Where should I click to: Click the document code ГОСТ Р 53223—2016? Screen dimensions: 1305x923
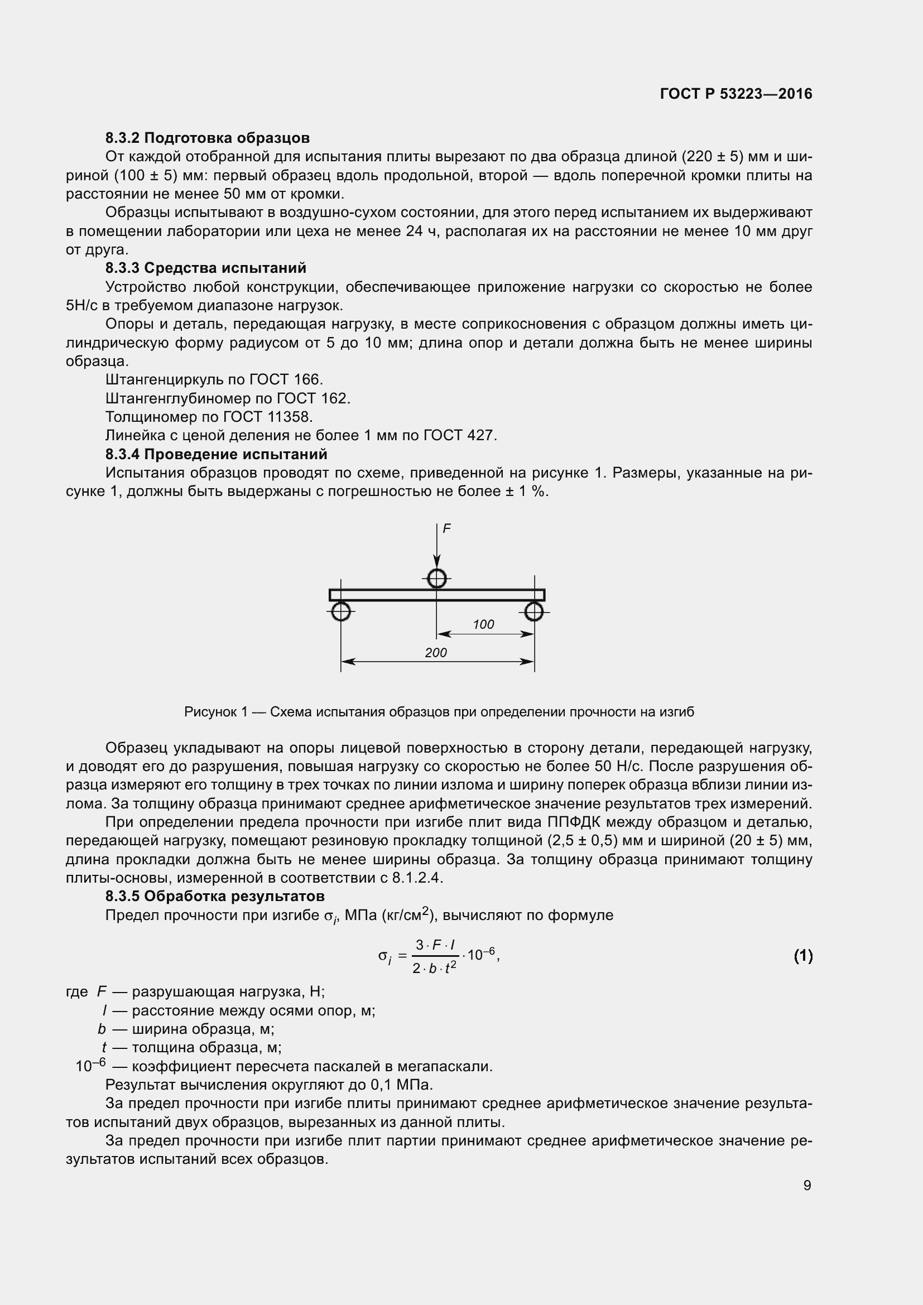(736, 94)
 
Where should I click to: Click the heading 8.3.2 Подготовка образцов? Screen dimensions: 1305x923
(208, 138)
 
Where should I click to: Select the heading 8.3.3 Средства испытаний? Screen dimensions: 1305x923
(206, 268)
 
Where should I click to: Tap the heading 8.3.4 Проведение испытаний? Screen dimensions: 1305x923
(216, 454)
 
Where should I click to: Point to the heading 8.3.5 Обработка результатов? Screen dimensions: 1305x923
(215, 897)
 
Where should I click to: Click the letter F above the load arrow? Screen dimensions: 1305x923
(447, 528)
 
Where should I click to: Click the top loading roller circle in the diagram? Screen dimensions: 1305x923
(436, 579)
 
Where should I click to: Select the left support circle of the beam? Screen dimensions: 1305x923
(340, 611)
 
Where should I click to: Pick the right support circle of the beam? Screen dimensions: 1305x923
(534, 611)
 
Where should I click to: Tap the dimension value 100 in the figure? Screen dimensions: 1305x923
(483, 624)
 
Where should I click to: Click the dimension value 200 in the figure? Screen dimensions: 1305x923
(436, 653)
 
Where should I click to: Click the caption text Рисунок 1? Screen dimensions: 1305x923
(216, 712)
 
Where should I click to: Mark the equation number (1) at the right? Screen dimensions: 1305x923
(802, 956)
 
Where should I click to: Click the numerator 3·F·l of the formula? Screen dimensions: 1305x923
(435, 945)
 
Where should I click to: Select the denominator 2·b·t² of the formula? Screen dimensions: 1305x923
(435, 968)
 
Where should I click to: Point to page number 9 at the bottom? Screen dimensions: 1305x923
(807, 1185)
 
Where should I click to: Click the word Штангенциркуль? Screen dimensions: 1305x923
(165, 380)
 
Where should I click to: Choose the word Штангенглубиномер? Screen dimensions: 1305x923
(178, 398)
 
